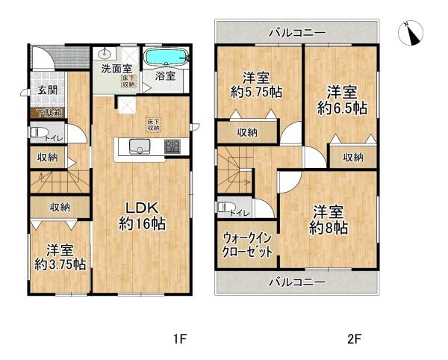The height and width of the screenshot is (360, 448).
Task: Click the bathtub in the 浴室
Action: tap(166, 57)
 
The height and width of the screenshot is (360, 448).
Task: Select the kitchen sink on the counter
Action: tap(140, 145)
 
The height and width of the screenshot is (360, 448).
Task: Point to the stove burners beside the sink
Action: tap(172, 146)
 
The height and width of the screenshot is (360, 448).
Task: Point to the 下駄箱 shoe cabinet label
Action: tap(48, 114)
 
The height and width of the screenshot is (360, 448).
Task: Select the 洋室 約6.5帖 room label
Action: tap(340, 99)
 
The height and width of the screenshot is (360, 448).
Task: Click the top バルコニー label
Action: tap(297, 34)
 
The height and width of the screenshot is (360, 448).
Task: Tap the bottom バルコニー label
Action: tap(297, 283)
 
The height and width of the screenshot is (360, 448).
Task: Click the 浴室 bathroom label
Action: tap(165, 75)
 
